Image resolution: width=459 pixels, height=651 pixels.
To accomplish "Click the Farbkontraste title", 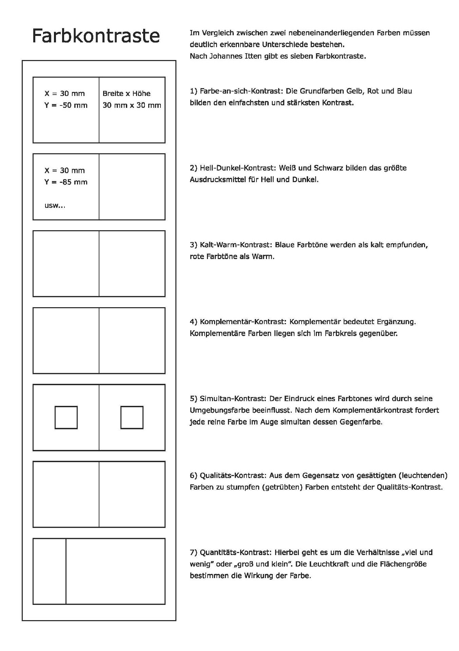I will click(x=96, y=36).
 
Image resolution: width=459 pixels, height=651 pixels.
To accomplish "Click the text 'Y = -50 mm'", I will click(x=66, y=105).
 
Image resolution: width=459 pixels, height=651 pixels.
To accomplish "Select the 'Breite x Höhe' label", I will click(x=127, y=94).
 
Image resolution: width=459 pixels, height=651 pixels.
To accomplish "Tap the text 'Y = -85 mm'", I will click(x=66, y=182).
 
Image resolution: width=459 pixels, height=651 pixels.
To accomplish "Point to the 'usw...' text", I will click(x=55, y=205).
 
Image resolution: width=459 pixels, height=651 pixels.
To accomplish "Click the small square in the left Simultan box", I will click(x=66, y=417).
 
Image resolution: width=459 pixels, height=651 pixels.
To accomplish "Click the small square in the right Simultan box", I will click(x=132, y=417).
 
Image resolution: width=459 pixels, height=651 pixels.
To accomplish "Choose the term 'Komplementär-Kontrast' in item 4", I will click(x=241, y=322).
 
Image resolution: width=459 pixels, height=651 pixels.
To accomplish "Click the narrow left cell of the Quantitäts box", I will click(x=50, y=571).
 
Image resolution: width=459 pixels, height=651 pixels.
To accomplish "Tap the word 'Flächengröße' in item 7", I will click(x=400, y=564).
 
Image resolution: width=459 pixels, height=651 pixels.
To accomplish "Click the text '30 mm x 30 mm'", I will click(x=132, y=105).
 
